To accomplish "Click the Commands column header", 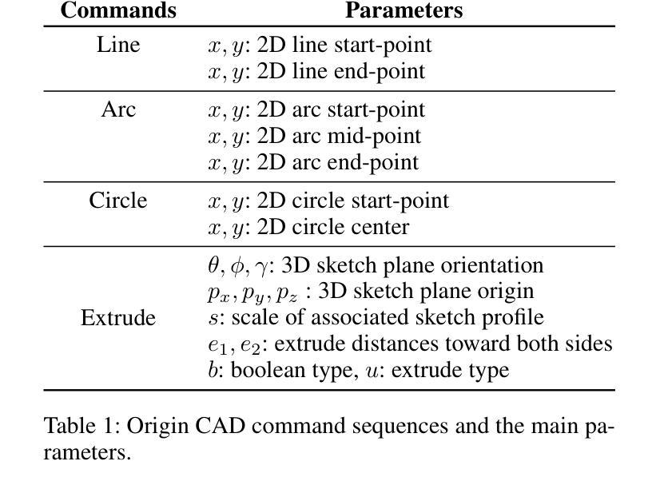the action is (118, 10).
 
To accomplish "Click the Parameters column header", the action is (404, 10).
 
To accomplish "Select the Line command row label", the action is (118, 45).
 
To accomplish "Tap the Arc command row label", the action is (118, 109).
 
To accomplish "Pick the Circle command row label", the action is (118, 201).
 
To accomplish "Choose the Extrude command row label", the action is (118, 317).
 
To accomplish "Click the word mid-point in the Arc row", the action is (374, 137).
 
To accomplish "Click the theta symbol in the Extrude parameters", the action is (213, 265).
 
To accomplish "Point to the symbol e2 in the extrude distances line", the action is (250, 346).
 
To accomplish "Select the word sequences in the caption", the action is (400, 427).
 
